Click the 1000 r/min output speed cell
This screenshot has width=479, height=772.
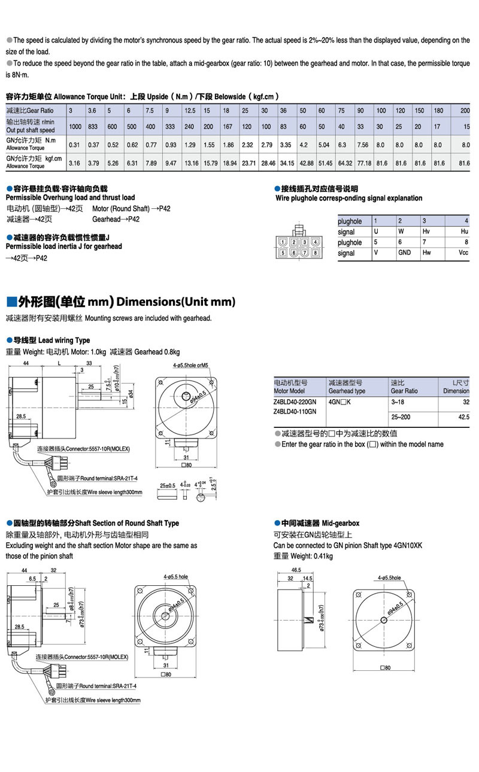75,126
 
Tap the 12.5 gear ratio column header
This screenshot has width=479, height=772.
190,111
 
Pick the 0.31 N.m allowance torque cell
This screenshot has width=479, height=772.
75,144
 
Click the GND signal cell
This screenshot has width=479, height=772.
405,253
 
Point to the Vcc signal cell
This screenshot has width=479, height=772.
463,253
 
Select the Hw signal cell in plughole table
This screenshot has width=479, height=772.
427,253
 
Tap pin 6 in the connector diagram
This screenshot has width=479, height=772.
295,253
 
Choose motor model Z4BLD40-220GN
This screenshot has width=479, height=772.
295,403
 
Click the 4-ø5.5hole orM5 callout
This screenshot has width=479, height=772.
190,364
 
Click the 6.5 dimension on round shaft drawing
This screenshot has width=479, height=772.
32,579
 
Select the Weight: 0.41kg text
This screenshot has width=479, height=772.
303,556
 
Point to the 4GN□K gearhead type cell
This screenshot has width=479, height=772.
339,403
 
